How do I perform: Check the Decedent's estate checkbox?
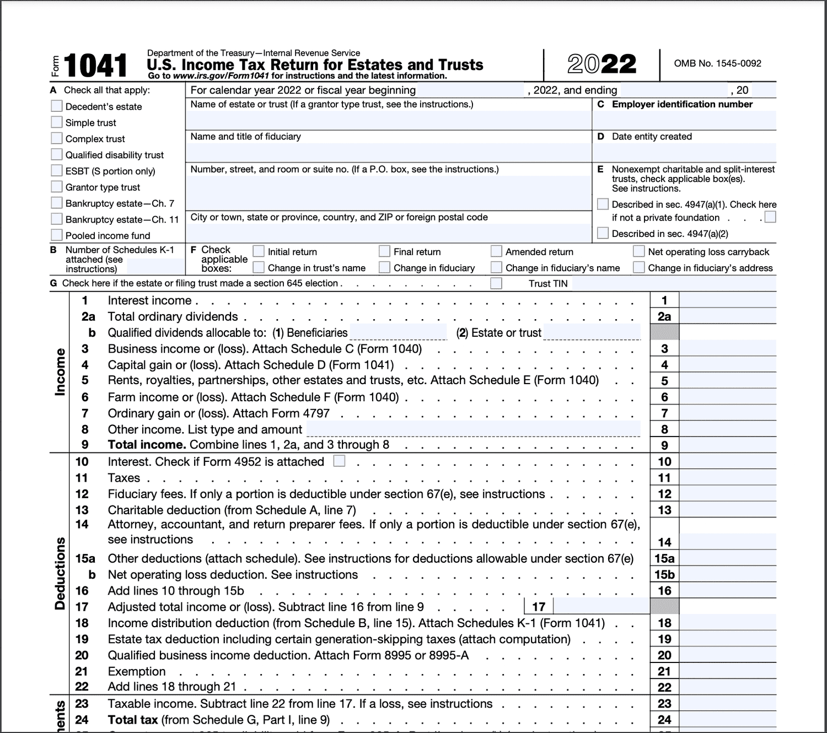(56, 106)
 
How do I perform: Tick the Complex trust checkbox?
(56, 138)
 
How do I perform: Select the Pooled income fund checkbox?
(56, 235)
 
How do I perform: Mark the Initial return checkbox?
(259, 251)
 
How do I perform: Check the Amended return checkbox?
(496, 251)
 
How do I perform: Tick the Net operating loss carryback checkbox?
(638, 251)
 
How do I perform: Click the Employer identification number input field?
(684, 120)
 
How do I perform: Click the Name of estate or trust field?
(388, 120)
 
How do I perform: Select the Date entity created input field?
(684, 152)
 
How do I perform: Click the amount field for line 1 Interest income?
(727, 300)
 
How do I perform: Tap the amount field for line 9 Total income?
(727, 445)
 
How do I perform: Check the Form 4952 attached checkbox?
(340, 461)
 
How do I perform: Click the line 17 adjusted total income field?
(601, 606)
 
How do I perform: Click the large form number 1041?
(95, 66)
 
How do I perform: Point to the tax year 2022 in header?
(602, 64)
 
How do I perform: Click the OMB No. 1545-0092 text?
(717, 63)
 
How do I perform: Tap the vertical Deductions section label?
(60, 573)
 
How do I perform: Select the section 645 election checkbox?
(496, 283)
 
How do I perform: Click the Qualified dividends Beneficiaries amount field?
(398, 332)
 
